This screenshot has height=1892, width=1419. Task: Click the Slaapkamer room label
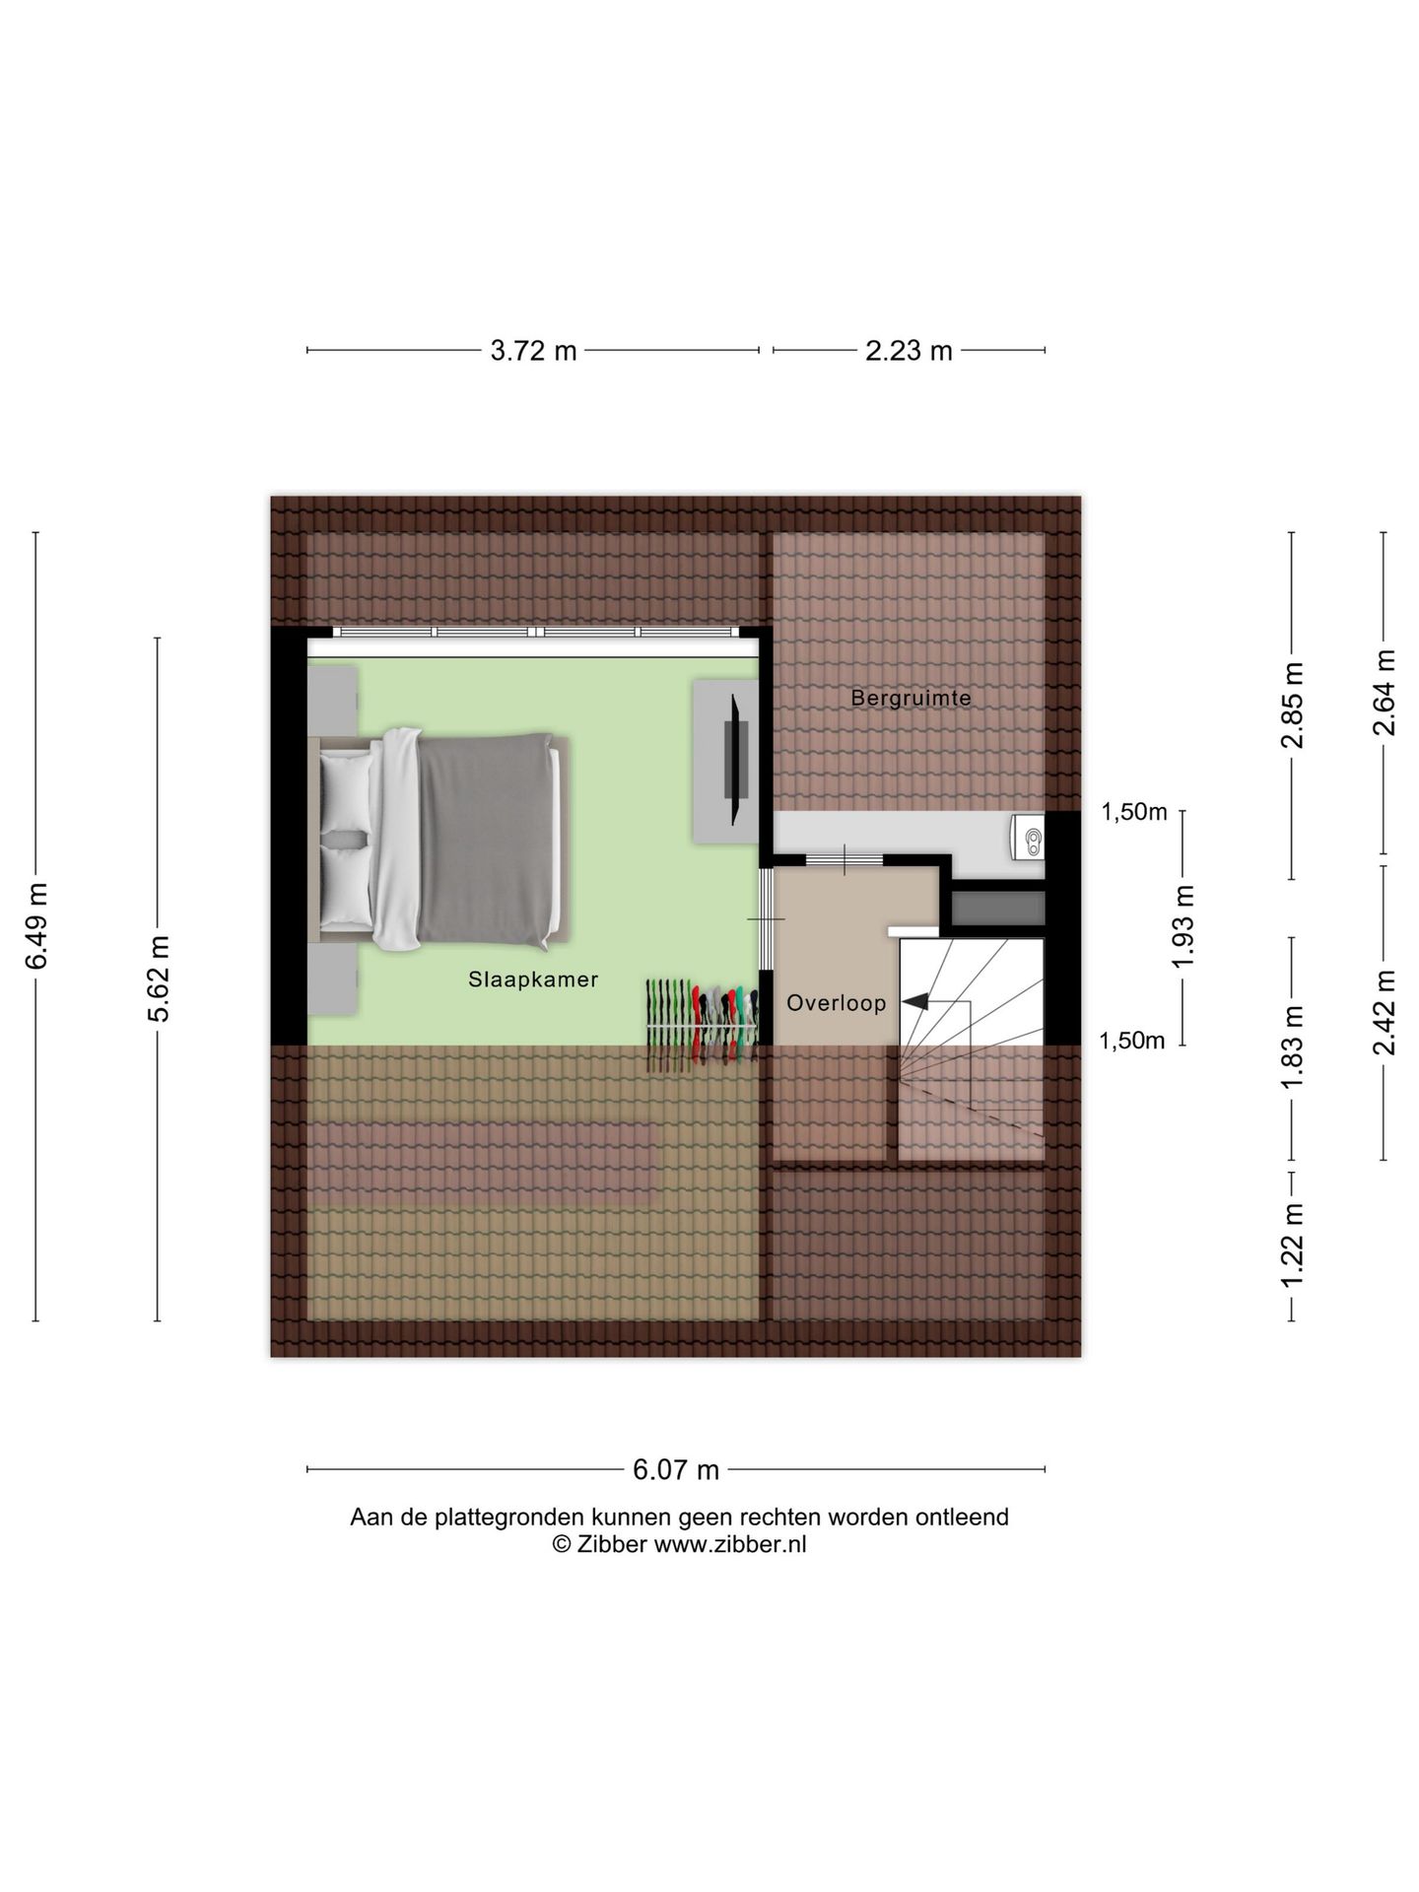click(x=533, y=980)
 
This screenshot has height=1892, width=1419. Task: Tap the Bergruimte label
click(x=912, y=699)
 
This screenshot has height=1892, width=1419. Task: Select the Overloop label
click(x=837, y=1003)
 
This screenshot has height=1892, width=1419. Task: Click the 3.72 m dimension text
click(x=534, y=350)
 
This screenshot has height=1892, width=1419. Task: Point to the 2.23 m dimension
click(x=909, y=350)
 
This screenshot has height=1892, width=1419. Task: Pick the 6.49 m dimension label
click(x=36, y=926)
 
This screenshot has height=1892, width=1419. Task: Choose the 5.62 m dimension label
click(x=158, y=979)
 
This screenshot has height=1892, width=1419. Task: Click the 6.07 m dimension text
click(x=676, y=1469)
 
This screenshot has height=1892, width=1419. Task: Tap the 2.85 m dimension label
click(x=1292, y=705)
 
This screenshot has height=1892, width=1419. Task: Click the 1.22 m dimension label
click(x=1292, y=1244)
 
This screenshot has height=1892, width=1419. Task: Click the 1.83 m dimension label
click(x=1292, y=1047)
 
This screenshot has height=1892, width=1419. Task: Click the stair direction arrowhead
click(x=913, y=1002)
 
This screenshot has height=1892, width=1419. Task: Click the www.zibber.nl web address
click(x=730, y=1544)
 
